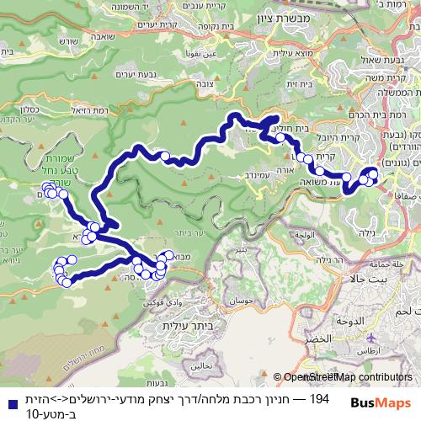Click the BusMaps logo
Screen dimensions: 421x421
(381, 402)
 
